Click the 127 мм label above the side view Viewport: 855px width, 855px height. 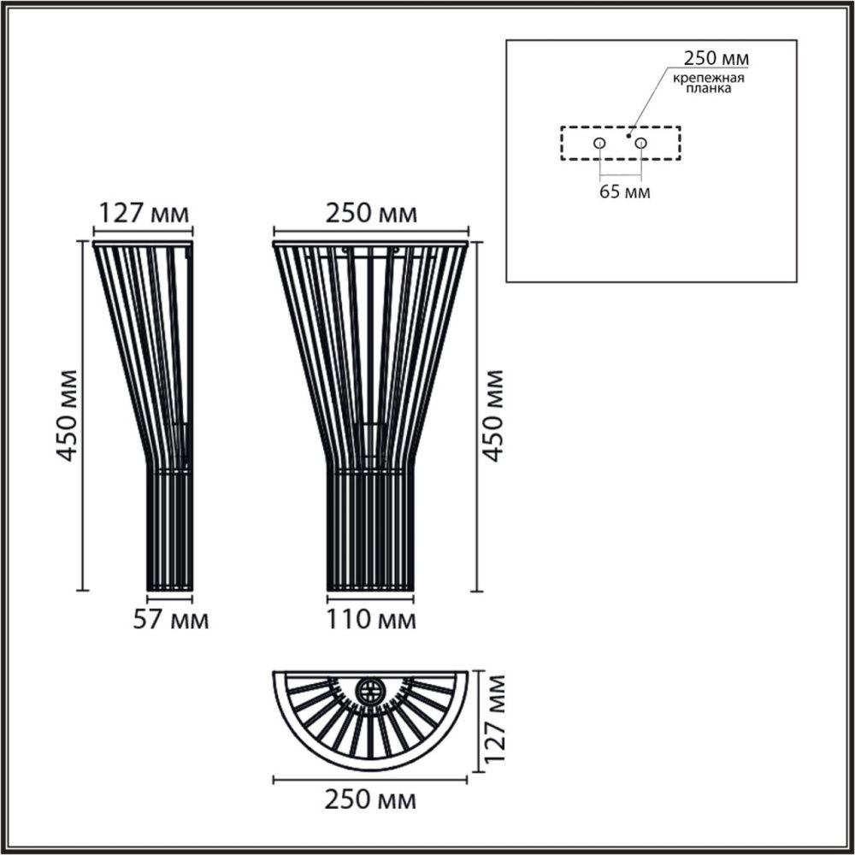click(x=143, y=213)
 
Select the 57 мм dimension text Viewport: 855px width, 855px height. click(x=171, y=620)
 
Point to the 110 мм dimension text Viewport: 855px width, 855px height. click(x=371, y=620)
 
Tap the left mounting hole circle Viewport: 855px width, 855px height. click(x=600, y=143)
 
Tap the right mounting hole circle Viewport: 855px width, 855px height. click(x=640, y=143)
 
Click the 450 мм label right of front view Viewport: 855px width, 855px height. click(x=492, y=415)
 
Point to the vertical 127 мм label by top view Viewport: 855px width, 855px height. click(x=494, y=718)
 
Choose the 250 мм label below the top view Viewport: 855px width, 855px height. click(x=371, y=801)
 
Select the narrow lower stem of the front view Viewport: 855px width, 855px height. click(x=370, y=530)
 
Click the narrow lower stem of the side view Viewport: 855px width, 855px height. click(x=170, y=530)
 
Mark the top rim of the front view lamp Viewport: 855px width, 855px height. click(x=370, y=244)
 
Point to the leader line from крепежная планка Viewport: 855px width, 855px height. click(x=650, y=103)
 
